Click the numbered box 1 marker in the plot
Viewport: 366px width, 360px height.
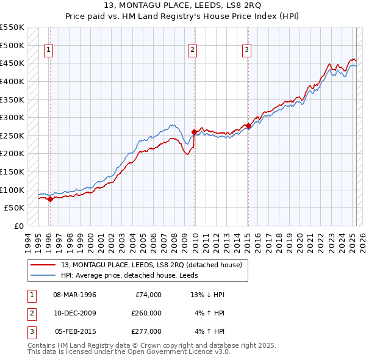pos(48,51)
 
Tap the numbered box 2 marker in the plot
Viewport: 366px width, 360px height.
pos(192,51)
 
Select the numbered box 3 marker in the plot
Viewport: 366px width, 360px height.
pos(246,51)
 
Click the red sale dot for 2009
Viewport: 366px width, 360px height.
pos(195,132)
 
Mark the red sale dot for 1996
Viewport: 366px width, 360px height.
pos(50,199)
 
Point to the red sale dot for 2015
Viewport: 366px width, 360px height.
pos(248,126)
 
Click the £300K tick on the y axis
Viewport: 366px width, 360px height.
pos(12,117)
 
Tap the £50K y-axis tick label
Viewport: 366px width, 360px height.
pos(14,208)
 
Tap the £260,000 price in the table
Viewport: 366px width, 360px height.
pos(146,313)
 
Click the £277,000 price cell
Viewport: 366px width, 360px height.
pos(146,331)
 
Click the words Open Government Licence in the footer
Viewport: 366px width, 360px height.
pos(162,352)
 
